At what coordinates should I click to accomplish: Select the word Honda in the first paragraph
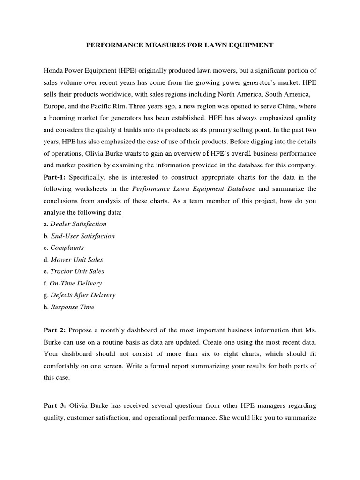tap(53, 70)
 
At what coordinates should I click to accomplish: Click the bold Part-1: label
tap(55, 177)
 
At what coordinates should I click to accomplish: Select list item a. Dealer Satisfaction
tap(75, 224)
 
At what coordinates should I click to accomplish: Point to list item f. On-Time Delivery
tap(72, 283)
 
